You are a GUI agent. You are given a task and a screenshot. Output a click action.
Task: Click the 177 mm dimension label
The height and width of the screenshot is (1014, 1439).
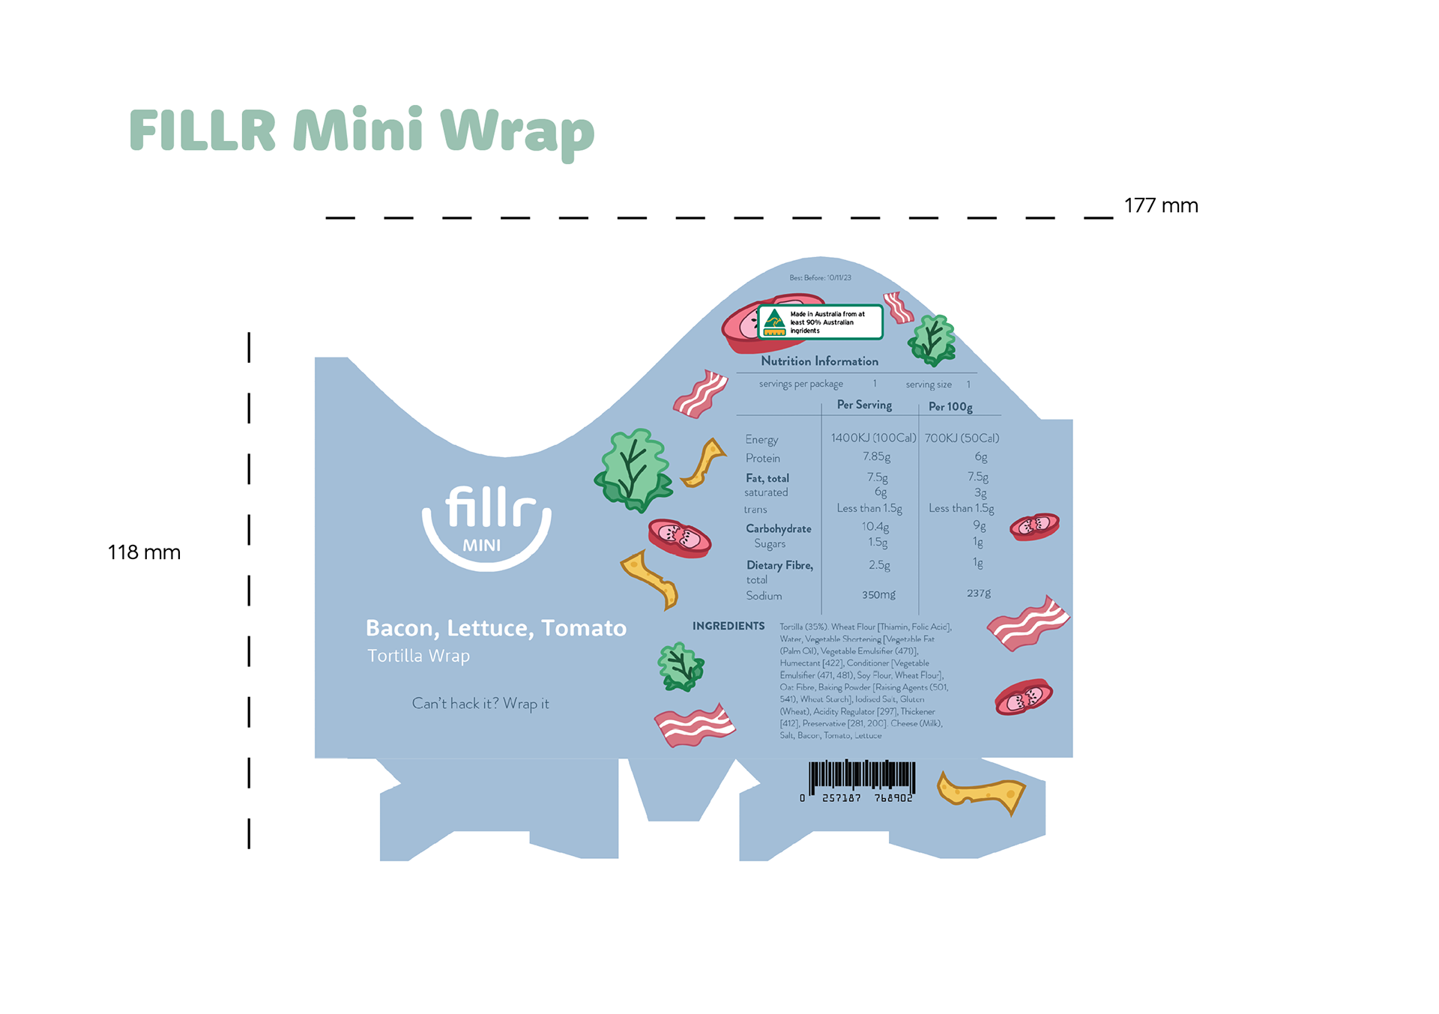pos(1160,205)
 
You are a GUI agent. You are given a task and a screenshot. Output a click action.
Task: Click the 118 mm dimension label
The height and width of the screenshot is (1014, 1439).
pos(144,552)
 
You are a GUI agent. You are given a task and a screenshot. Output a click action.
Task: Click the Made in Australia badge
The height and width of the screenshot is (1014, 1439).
pos(820,322)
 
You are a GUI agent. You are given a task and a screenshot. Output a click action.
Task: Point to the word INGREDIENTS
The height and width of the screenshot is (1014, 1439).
pos(728,626)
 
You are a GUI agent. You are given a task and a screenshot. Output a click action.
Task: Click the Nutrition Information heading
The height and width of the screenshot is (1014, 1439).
pos(819,361)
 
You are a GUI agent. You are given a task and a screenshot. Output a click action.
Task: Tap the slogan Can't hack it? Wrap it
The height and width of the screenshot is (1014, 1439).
pos(480,704)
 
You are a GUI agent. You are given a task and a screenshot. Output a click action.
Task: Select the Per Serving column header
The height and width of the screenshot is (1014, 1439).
pos(864,405)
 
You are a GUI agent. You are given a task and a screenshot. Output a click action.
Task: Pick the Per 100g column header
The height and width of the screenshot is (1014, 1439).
pos(950,407)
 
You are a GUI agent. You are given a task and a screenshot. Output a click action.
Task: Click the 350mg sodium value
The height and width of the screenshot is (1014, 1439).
pos(878,595)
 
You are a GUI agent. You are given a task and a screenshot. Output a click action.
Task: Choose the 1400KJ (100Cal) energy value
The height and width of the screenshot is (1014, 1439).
pos(873,438)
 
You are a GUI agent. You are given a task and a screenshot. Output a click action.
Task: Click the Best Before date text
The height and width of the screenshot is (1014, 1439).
pos(820,278)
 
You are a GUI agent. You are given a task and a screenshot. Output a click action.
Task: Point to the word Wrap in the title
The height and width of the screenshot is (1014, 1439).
pos(516,131)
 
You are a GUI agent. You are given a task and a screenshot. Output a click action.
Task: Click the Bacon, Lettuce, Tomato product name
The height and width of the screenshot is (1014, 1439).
pos(495,628)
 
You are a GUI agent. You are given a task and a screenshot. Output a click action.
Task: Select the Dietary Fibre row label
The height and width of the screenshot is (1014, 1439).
pos(779,566)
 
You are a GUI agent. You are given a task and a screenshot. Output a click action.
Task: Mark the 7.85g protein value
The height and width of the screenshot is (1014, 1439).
pos(876,456)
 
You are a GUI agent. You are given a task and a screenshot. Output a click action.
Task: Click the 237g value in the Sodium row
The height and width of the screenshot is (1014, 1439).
pos(978,594)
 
